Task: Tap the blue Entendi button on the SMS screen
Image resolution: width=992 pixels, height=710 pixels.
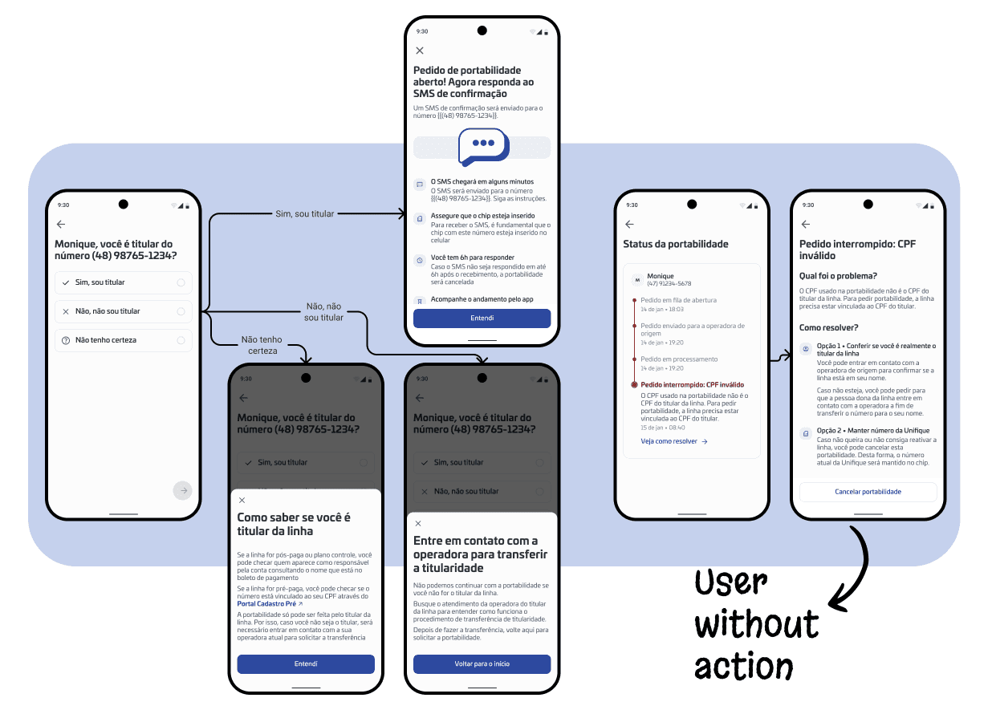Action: tap(482, 318)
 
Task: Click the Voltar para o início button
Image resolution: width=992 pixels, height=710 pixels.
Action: tap(482, 663)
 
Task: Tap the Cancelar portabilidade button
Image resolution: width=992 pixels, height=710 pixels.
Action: tap(868, 492)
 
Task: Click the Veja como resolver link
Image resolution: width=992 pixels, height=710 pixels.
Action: tap(674, 441)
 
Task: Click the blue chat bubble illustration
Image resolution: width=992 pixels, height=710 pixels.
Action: tap(482, 146)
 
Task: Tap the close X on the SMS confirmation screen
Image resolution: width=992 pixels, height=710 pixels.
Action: tap(420, 51)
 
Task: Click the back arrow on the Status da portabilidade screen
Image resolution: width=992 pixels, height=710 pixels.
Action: tap(629, 225)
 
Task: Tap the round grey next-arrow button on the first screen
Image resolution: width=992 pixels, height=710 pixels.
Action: tap(183, 490)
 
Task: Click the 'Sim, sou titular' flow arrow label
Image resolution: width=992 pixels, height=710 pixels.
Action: tap(304, 214)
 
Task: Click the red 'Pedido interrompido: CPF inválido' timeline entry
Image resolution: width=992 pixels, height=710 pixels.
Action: tap(692, 384)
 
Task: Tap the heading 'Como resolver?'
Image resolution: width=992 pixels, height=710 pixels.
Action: tap(829, 327)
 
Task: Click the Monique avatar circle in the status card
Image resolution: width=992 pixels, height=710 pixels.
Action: tap(637, 280)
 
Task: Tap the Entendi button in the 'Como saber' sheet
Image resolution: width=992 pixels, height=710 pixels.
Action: tap(306, 663)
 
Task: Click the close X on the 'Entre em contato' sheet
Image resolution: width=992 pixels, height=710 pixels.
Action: tap(418, 523)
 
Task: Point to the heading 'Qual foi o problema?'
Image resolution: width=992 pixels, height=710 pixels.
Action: tap(838, 276)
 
